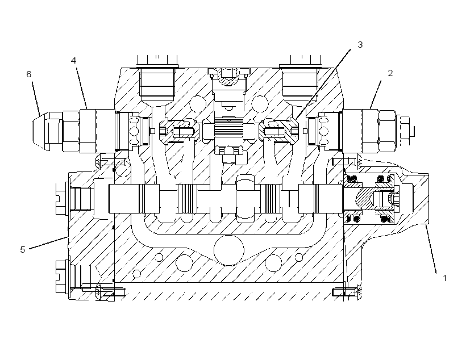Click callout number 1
(444, 278)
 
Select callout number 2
(390, 73)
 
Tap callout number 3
(360, 44)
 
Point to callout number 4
(73, 61)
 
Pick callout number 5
(23, 249)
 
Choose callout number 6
(29, 74)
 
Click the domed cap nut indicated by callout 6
(41, 131)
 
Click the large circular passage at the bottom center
(229, 250)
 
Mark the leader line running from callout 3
(323, 85)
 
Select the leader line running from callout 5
(49, 242)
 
